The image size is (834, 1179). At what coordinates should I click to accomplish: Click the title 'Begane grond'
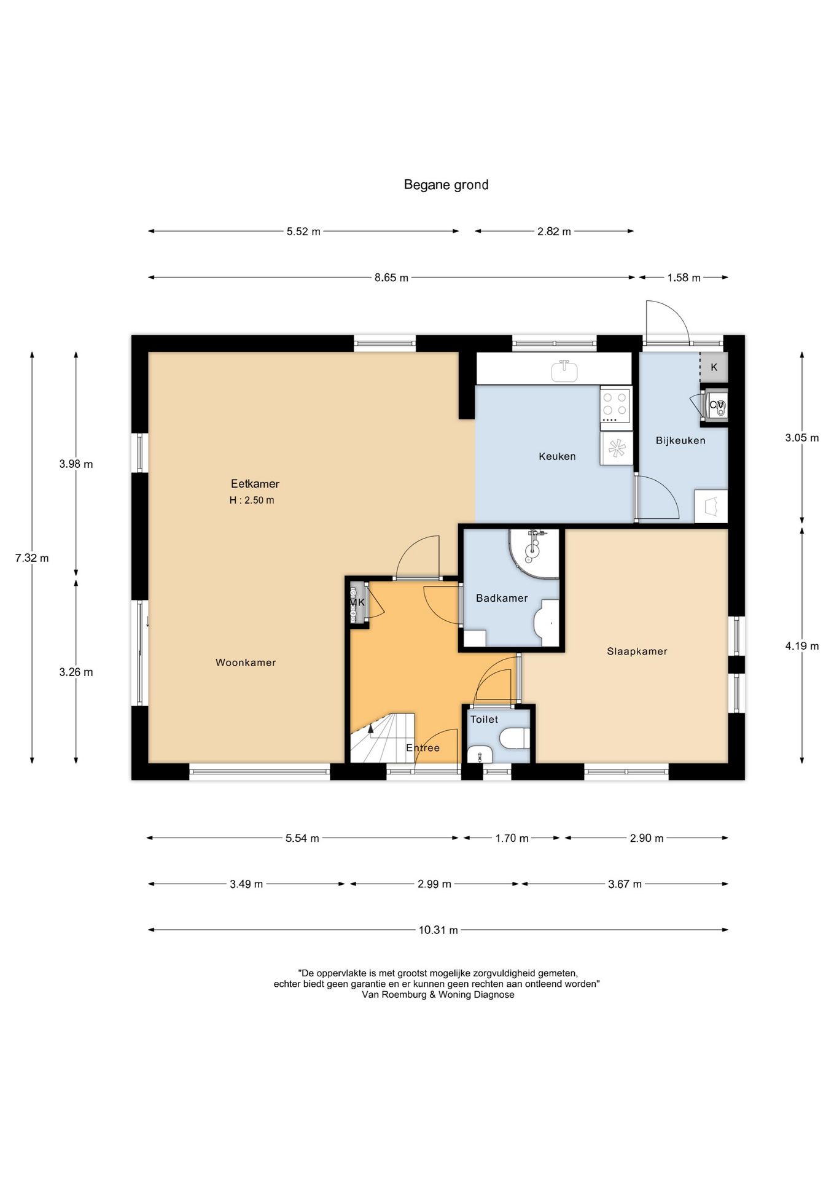coord(446,185)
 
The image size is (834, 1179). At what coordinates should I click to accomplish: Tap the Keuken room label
coord(557,456)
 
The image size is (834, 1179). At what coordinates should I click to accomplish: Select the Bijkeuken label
coord(680,440)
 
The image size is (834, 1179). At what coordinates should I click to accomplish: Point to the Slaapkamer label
coord(637,652)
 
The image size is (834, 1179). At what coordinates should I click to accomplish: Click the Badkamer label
coord(502,598)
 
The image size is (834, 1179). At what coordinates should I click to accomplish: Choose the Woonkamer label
coord(246,663)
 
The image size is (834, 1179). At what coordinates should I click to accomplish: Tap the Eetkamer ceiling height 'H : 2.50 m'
coord(252,500)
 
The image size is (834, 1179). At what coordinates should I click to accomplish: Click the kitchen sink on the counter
coord(564,370)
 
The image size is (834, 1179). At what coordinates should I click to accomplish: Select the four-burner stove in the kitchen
coord(615,405)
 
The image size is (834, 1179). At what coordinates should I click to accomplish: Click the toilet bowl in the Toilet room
coord(515,738)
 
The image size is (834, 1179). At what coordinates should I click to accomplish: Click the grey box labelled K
coord(714,367)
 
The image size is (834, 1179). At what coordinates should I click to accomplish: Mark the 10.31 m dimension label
coord(438,930)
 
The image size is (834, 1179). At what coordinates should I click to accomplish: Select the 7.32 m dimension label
coord(32,558)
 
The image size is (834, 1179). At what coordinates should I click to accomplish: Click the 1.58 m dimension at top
coord(684,278)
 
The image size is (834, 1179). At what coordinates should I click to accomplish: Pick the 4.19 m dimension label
coord(802,646)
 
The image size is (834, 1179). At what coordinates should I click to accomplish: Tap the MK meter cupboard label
coord(357,602)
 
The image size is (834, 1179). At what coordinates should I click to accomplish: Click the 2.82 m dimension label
coord(554,232)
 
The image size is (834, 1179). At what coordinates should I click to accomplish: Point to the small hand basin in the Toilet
coord(480,755)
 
